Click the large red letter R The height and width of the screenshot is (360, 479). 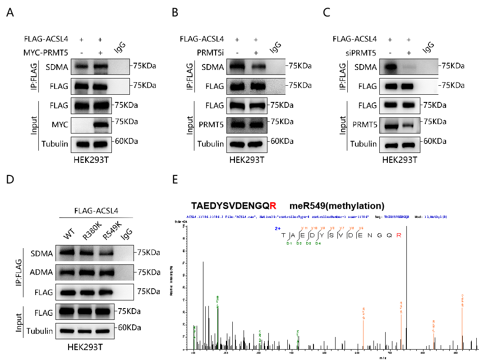(x=273, y=206)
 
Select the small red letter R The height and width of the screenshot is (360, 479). (x=399, y=235)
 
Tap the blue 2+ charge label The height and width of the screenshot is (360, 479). (x=278, y=229)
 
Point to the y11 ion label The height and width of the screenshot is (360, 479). (x=304, y=228)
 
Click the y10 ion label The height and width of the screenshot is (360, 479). (x=314, y=228)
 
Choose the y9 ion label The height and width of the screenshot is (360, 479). (x=323, y=228)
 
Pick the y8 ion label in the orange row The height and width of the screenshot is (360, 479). (x=332, y=228)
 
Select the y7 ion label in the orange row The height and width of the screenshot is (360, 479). (x=342, y=228)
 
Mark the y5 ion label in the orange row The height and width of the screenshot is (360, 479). (x=361, y=228)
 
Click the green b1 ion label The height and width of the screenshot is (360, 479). (x=289, y=244)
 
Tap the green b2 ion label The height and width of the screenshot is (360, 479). (x=299, y=244)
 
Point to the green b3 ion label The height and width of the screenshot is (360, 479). (x=309, y=244)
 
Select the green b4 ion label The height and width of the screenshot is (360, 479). (x=318, y=244)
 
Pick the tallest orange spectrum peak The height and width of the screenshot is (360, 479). (x=462, y=325)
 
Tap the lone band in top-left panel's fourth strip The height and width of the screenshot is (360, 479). (x=101, y=125)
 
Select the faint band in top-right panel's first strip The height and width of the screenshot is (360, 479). (x=409, y=67)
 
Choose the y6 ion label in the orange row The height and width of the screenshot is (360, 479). (x=352, y=228)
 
